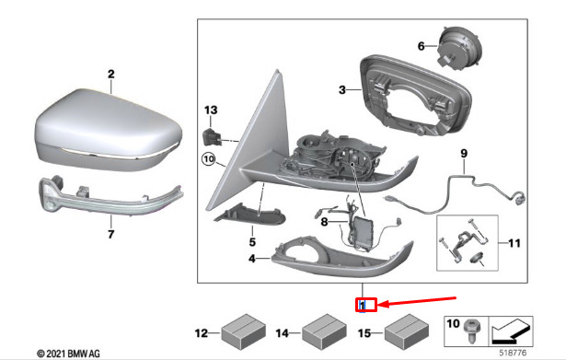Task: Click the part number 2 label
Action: click(x=111, y=74)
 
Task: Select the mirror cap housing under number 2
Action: click(x=109, y=130)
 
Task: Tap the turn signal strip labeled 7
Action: click(x=110, y=197)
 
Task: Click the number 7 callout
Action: click(x=110, y=234)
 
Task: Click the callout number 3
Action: click(x=342, y=89)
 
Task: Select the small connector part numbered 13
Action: click(x=211, y=137)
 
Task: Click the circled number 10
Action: click(x=209, y=159)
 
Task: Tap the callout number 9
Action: click(x=464, y=154)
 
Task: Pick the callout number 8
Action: click(x=324, y=221)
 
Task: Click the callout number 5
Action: click(x=252, y=241)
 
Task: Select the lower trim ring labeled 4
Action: click(x=342, y=256)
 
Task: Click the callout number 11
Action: click(x=514, y=243)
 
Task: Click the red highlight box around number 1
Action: click(x=366, y=305)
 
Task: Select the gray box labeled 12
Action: click(x=243, y=331)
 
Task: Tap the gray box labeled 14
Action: click(x=324, y=331)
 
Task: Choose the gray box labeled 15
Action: click(x=406, y=331)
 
